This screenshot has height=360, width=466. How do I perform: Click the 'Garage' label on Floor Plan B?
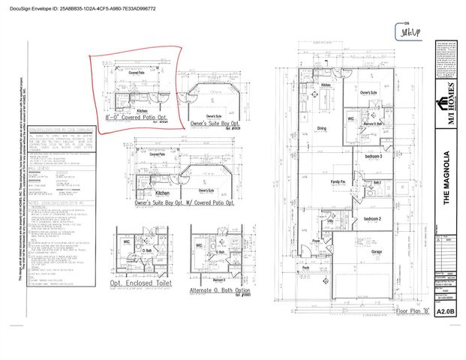pyautogui.click(x=376, y=252)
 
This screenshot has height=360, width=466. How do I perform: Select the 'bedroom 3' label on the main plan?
pyautogui.click(x=373, y=156)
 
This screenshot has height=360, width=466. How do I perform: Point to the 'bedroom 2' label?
pyautogui.click(x=373, y=218)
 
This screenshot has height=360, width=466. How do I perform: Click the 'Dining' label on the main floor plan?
pyautogui.click(x=321, y=128)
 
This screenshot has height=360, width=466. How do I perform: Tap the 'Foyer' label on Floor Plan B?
pyautogui.click(x=317, y=241)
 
